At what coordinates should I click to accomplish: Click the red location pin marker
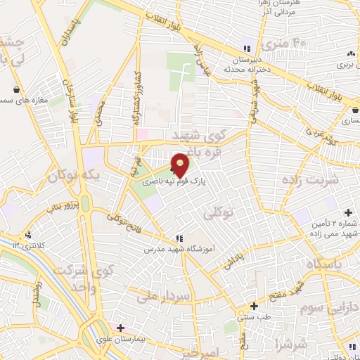pyautogui.click(x=180, y=165)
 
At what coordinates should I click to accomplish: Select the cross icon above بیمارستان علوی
pyautogui.click(x=120, y=328)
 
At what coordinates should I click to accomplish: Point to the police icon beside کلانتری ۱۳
pyautogui.click(x=27, y=236)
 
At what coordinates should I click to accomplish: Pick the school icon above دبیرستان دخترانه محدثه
pyautogui.click(x=246, y=49)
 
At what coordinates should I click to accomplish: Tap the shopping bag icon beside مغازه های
pyautogui.click(x=16, y=90)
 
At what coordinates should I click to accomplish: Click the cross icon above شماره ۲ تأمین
pyautogui.click(x=348, y=213)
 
